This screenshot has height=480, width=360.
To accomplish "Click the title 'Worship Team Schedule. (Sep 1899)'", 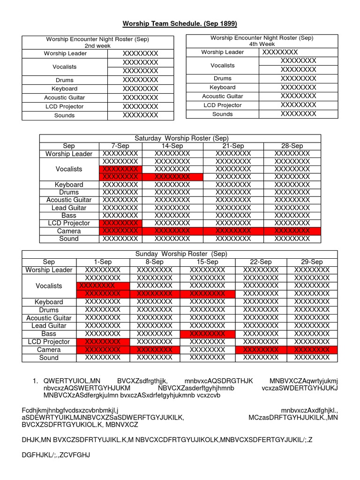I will coord(180,23).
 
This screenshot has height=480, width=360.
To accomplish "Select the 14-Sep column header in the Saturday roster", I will coord(172,146).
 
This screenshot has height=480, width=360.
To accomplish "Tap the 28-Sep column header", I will coord(292,146).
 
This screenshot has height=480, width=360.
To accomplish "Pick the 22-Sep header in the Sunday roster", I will coord(261,262).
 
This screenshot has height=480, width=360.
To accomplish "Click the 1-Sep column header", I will coord(103,262).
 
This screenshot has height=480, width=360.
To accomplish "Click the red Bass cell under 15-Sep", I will coord(207,334).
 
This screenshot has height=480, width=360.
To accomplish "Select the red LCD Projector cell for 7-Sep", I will coord(120,223).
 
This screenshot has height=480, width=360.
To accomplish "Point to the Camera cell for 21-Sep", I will coord(233,231).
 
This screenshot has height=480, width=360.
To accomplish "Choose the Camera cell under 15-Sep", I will coord(207,350).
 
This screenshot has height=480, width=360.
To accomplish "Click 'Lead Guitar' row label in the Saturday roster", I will coord(69,208).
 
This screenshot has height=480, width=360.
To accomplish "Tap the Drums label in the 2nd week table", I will coord(65,80).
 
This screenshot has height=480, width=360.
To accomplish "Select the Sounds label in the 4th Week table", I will coord(222,114).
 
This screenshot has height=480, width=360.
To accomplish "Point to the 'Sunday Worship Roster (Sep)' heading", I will coord(181,254).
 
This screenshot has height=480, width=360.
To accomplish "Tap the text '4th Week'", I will coord(262,44).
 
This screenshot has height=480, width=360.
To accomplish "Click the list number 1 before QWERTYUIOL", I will coord(35,381).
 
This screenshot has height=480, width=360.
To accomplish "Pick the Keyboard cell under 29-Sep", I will coord(312,302).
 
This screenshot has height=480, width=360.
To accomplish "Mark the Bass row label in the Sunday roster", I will coord(49,334).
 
